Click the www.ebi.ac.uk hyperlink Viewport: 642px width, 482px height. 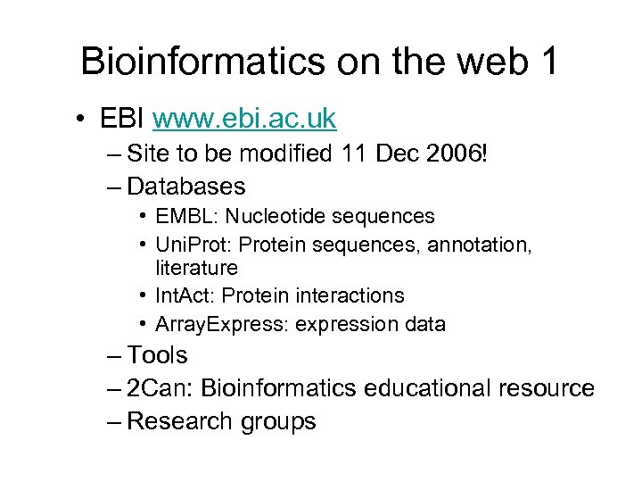click(244, 118)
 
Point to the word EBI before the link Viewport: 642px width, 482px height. click(124, 118)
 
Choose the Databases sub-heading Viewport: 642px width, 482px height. click(185, 186)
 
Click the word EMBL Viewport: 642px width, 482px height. click(180, 216)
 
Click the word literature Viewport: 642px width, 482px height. click(196, 268)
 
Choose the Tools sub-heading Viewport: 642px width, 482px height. click(157, 355)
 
